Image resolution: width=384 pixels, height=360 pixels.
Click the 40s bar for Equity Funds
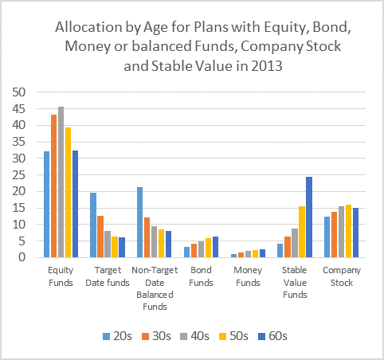pos(61,182)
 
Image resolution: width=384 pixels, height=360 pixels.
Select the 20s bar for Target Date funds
pos(93,225)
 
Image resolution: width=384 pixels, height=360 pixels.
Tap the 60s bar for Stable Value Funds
pos(309,217)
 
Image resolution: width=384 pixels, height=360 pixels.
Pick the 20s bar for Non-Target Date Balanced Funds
pos(139,222)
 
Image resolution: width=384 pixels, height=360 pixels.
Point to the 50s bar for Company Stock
pos(348,231)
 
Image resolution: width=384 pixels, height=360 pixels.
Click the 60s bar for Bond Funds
pos(215,247)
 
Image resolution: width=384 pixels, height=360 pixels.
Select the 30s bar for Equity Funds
pos(54,186)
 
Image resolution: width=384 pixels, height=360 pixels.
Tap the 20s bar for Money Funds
pos(233,256)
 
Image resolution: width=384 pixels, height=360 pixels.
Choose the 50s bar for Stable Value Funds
pos(302,232)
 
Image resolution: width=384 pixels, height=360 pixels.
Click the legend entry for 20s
pos(117,336)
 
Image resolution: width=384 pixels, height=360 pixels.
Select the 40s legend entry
pos(194,336)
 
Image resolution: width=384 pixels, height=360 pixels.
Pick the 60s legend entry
pos(272,336)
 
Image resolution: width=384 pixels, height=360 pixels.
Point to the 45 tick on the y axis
pos(19,109)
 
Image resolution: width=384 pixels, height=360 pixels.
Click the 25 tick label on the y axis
pos(19,175)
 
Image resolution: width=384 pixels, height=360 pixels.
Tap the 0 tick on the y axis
pos(22,257)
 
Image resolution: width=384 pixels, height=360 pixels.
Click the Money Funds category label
pos(248,276)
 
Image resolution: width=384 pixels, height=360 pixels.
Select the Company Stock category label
pos(342,276)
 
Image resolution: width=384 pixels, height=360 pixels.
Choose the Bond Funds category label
pos(201,276)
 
